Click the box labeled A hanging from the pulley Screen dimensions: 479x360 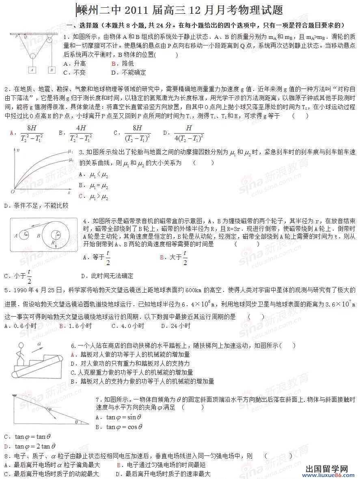tap(32, 69)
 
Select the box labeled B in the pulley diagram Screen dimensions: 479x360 tap(52, 69)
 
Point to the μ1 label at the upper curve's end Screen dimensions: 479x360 tap(71, 151)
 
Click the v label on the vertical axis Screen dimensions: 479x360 tap(17, 150)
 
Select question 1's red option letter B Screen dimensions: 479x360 tap(114, 63)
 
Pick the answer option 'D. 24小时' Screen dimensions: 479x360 tap(175, 326)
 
